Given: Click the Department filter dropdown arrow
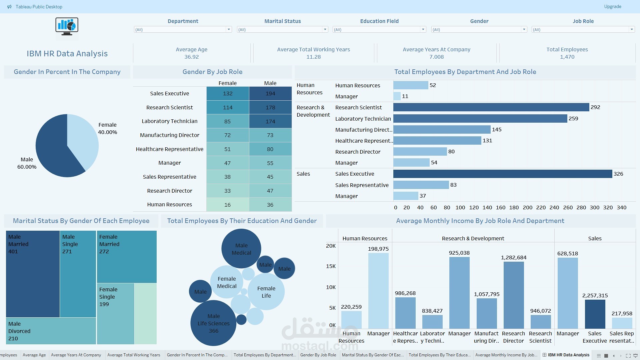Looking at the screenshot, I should (x=229, y=30).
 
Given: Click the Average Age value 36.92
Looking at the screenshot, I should (x=191, y=57).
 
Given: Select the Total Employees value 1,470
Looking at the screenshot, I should (x=567, y=57).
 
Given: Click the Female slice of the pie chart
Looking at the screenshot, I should (x=83, y=140).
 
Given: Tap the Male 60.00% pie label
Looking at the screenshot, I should (x=27, y=163).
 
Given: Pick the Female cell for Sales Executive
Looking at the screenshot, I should (x=228, y=94).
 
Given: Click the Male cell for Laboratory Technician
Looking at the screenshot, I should (x=270, y=121).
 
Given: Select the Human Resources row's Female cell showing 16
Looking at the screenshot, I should (x=228, y=205).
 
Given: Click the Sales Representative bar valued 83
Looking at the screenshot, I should (x=421, y=185).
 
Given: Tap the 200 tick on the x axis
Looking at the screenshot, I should (x=527, y=208).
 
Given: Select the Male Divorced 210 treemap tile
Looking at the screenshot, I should (x=51, y=331).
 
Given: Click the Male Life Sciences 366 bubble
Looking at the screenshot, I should (x=213, y=323).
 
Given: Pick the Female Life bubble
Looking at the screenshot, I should (x=266, y=292).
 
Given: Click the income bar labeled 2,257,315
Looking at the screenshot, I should (x=595, y=314).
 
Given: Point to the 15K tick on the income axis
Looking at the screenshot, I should (x=331, y=266).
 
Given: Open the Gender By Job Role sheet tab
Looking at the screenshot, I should (x=318, y=355).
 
